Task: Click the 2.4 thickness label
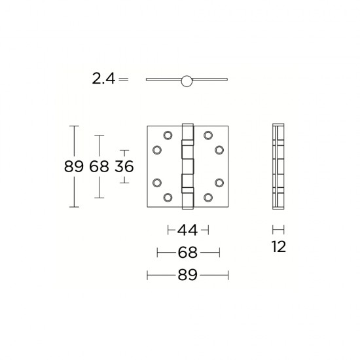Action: click(x=103, y=79)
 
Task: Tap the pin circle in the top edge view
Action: click(x=187, y=81)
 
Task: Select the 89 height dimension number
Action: click(x=74, y=166)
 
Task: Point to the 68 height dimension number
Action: click(x=99, y=166)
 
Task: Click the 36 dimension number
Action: click(x=124, y=166)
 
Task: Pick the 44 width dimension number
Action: click(x=188, y=230)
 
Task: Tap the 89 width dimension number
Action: click(x=188, y=276)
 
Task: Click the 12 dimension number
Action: click(x=278, y=247)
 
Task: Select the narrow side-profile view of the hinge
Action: click(x=278, y=166)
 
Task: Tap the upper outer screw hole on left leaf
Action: click(x=157, y=150)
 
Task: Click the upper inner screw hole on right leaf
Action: click(x=207, y=135)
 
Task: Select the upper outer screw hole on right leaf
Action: click(x=218, y=150)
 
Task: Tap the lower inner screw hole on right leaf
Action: click(x=207, y=196)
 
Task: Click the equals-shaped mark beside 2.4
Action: click(x=124, y=79)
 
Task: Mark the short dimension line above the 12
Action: click(x=278, y=230)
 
